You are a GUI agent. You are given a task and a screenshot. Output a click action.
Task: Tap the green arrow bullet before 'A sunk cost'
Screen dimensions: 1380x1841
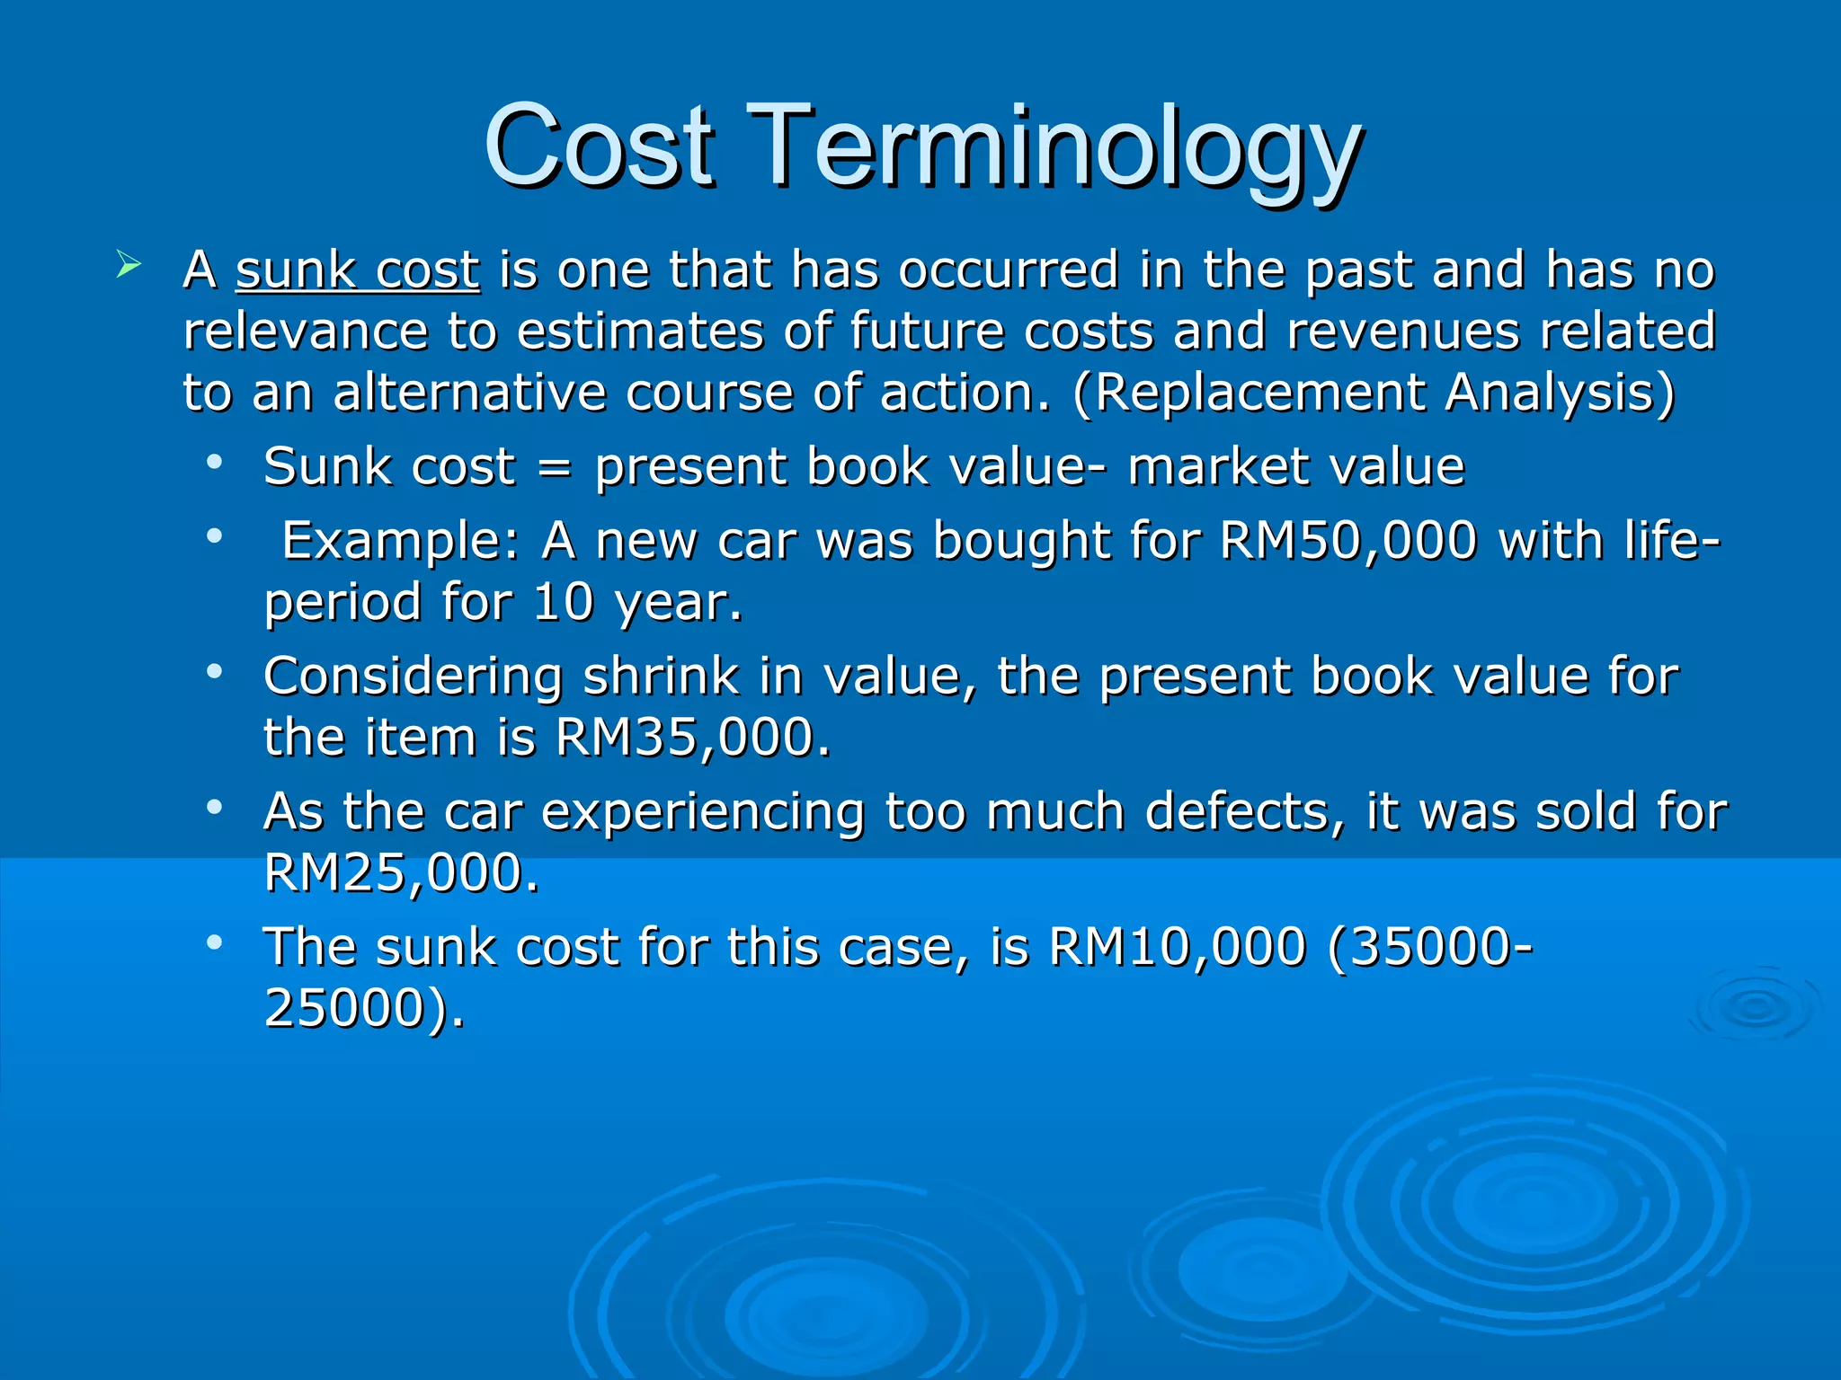pos(129,266)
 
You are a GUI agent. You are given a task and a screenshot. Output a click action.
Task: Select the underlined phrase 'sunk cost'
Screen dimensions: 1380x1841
pos(358,270)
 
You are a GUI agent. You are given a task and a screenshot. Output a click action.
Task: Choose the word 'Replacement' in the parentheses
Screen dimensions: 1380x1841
pos(1258,393)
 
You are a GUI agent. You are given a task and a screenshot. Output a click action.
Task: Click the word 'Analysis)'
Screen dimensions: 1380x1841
pos(1561,393)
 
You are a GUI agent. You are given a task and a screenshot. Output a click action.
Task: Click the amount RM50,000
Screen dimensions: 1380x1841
pos(1348,542)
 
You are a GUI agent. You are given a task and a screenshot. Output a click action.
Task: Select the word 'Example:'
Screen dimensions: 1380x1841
pos(401,542)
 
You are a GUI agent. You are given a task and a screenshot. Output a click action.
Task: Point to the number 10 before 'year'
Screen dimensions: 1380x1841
pos(563,603)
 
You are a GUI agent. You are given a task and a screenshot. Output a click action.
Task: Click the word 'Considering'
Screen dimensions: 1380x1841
pos(413,677)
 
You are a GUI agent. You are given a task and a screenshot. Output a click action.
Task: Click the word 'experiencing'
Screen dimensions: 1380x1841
pos(703,813)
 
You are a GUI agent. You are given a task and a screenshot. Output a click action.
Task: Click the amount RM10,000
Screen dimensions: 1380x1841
pos(1177,948)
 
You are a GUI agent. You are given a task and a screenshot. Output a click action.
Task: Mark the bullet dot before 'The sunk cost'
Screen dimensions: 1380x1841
pos(214,942)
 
